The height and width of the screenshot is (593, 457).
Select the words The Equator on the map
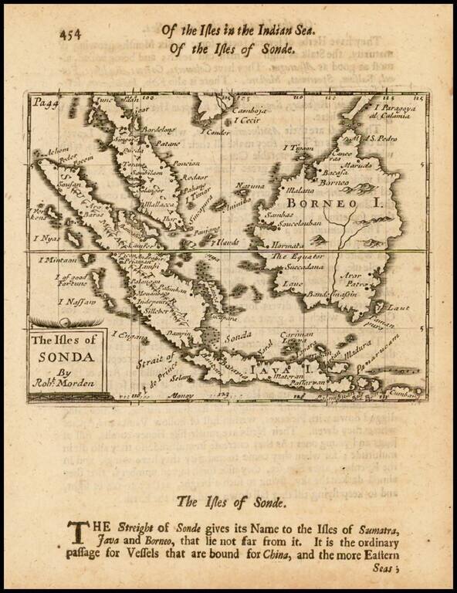[297, 256]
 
